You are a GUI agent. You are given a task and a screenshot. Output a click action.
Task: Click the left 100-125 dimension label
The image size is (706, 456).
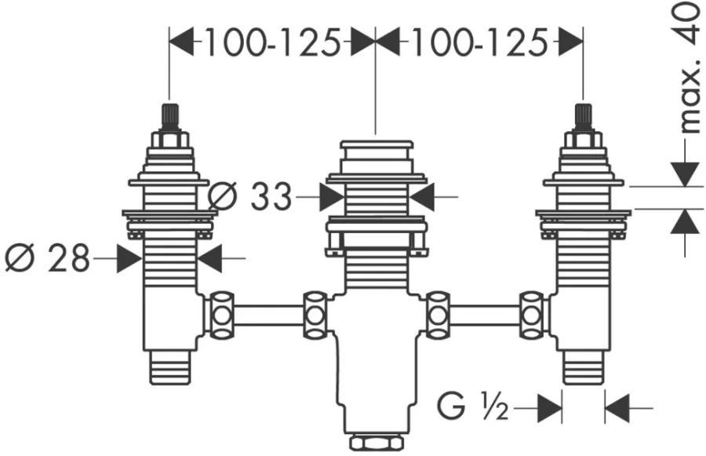272,43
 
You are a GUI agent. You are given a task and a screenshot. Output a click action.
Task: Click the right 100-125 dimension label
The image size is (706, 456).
479,43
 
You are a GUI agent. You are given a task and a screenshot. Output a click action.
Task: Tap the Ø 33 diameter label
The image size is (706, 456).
250,196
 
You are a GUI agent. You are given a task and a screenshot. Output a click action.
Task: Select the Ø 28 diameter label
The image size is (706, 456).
47,257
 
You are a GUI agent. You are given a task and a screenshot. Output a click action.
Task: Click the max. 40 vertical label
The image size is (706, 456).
689,67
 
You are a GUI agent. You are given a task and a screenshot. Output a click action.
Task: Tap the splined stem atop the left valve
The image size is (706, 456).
169,118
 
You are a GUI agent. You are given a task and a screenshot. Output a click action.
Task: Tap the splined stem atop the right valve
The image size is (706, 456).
584,118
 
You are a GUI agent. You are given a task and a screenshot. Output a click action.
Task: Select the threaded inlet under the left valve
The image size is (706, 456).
169,367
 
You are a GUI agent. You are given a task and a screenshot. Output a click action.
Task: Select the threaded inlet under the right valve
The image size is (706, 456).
584,367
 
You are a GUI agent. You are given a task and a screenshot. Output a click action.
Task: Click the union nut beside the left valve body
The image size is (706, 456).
221,315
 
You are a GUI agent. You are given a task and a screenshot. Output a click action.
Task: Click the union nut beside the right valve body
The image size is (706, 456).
532,315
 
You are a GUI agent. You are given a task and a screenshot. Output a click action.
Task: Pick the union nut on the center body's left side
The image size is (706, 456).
315,315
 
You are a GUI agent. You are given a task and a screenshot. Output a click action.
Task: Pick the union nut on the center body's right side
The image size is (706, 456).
438,315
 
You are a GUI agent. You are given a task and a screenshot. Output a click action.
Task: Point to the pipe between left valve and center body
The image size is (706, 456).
268,315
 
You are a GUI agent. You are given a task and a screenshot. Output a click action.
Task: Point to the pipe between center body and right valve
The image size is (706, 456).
485,315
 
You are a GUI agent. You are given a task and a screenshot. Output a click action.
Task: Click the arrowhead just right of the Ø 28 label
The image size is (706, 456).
129,258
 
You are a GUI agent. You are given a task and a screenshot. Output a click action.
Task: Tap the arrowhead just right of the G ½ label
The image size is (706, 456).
550,408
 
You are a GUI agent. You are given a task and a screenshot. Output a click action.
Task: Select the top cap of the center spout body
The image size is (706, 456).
377,144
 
